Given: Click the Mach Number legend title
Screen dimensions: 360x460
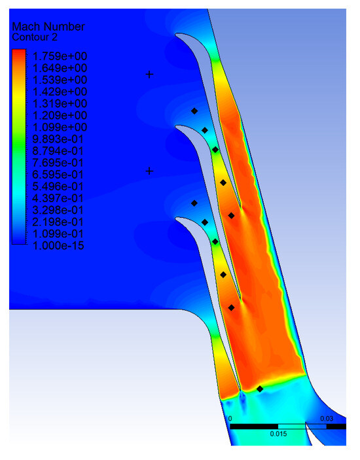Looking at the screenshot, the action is [x=48, y=27].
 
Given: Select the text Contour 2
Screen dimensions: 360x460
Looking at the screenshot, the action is [x=35, y=37].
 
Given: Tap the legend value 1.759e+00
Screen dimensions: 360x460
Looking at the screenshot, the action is [x=60, y=56].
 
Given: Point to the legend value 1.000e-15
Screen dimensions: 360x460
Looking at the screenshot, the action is [x=58, y=245].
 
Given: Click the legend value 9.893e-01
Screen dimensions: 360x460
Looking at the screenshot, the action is [x=58, y=139].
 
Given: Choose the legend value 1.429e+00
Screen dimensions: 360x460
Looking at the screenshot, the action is [x=60, y=92].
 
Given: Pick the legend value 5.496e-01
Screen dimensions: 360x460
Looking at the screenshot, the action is [x=58, y=186].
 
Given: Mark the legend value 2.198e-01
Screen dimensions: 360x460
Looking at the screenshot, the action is [x=58, y=222].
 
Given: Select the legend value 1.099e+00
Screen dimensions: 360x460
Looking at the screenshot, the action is [x=60, y=127].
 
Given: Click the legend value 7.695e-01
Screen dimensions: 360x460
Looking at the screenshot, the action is [x=58, y=162].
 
